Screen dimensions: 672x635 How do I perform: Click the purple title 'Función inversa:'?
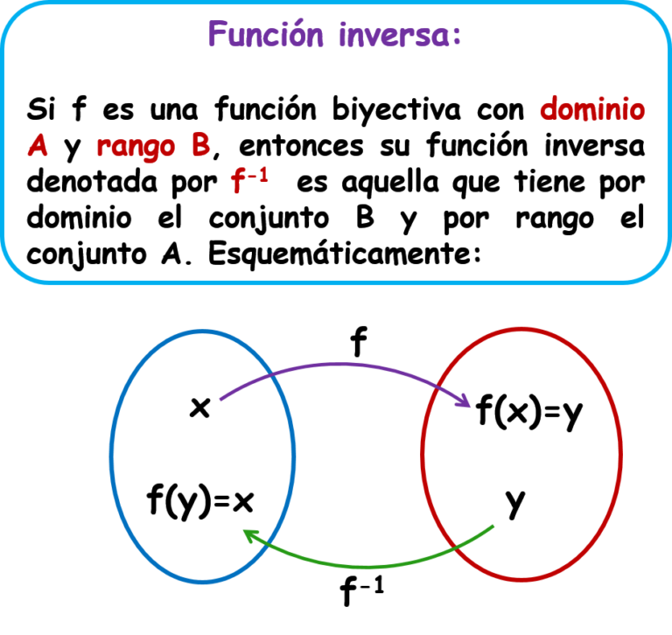click(335, 34)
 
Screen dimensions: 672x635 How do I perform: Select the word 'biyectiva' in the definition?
click(396, 110)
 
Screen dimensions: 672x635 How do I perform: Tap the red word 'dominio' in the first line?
click(592, 108)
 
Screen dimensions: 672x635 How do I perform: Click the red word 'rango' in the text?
click(136, 148)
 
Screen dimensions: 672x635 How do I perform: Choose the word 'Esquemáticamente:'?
click(345, 254)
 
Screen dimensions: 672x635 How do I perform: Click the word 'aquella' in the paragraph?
click(390, 183)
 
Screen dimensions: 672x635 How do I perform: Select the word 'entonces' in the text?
click(301, 146)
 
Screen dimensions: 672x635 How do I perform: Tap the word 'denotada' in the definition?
click(92, 182)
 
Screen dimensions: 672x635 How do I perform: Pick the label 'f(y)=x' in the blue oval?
click(200, 500)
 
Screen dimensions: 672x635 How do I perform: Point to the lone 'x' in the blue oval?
click(200, 407)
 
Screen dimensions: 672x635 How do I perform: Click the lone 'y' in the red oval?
click(515, 504)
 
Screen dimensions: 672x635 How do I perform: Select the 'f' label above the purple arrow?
click(359, 341)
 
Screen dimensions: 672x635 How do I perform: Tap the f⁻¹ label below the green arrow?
click(362, 591)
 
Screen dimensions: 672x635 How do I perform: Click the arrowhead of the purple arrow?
click(465, 402)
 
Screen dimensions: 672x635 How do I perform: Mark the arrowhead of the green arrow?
click(250, 534)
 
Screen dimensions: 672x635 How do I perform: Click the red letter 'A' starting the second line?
click(38, 145)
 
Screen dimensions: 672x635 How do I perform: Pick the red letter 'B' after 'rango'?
click(200, 145)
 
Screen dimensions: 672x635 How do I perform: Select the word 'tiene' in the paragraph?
click(549, 181)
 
